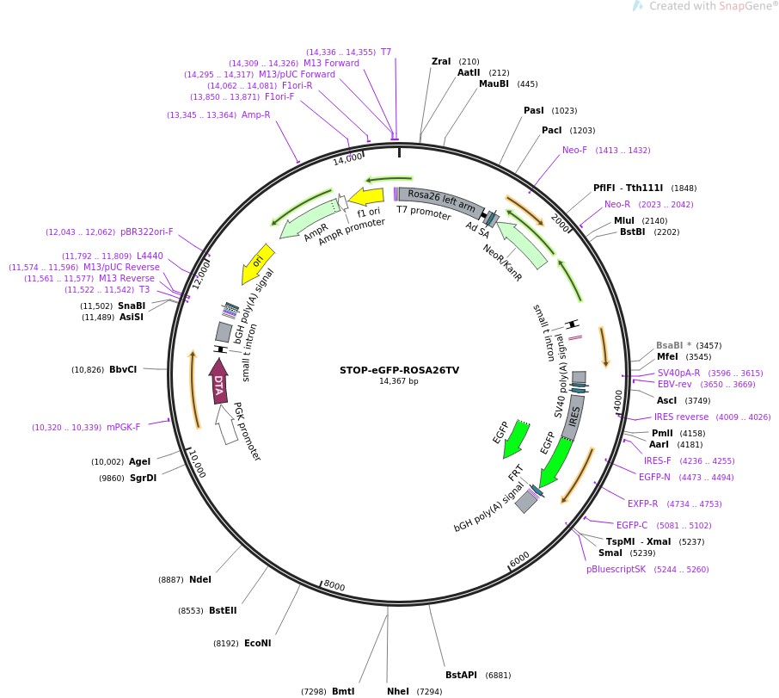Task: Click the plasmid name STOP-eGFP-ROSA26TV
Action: [x=399, y=370]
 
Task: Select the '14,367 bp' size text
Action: [x=399, y=381]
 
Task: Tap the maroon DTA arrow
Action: [x=219, y=382]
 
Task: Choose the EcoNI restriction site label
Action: [x=257, y=643]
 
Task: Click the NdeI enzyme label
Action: [x=199, y=579]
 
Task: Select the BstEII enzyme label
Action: [x=223, y=610]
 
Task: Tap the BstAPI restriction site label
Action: [x=461, y=674]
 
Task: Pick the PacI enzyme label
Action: [x=551, y=130]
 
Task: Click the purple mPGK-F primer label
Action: [x=127, y=427]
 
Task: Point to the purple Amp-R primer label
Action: [x=255, y=114]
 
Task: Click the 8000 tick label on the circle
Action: [x=334, y=587]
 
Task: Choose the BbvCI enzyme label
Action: [x=123, y=369]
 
